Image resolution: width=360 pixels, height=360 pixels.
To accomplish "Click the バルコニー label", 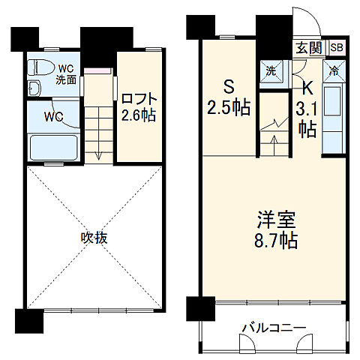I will point(273,328).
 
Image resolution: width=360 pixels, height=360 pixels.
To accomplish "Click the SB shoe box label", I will point(336,48).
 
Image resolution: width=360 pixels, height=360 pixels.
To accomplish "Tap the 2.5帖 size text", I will point(229,106).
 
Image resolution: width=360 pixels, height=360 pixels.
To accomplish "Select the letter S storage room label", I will point(229,85).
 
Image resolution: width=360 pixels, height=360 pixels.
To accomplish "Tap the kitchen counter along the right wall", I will point(333,116).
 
